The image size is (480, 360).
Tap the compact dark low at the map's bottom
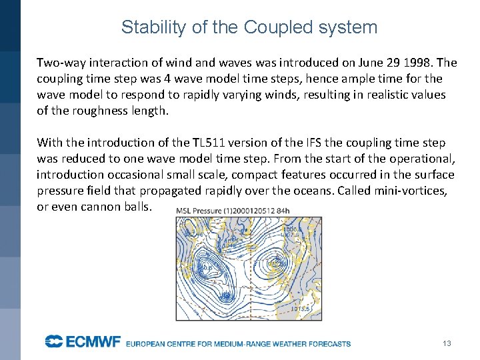(227, 295)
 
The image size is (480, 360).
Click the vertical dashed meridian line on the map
(251, 267)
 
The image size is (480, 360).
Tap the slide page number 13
(447, 343)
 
